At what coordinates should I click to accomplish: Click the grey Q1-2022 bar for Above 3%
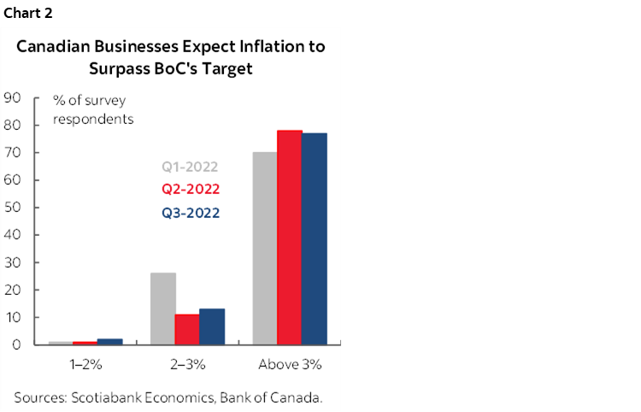coord(264,248)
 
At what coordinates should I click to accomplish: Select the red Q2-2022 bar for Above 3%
coord(289,237)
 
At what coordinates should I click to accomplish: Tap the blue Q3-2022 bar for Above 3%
coord(314,238)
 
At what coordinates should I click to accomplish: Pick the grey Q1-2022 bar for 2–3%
coord(162,309)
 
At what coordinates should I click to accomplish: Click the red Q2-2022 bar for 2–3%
coord(187,329)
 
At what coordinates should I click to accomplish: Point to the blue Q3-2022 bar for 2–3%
coord(212,327)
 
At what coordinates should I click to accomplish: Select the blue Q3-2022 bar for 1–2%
coord(110,341)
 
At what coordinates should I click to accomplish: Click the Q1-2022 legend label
coord(190,167)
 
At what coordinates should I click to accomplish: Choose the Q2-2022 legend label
coord(190,189)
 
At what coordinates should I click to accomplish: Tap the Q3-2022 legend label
coord(190,212)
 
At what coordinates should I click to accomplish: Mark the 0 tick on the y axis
coord(16,344)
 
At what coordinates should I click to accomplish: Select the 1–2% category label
coord(85,364)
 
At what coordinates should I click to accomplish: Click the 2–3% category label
coord(187,364)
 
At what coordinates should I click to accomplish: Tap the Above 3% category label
coord(290,364)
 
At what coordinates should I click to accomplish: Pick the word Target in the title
coord(225,68)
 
